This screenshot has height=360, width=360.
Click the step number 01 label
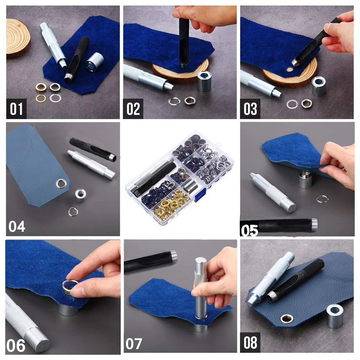click(x=16, y=109)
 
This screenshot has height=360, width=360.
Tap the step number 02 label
click(x=133, y=109)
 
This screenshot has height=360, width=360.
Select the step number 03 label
click(x=250, y=109)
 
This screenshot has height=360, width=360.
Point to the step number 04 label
click(x=17, y=227)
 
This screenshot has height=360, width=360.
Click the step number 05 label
click(x=250, y=230)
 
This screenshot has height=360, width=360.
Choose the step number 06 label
click(x=16, y=346)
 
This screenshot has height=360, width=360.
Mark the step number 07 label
click(x=134, y=344)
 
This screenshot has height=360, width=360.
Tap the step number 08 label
click(x=250, y=343)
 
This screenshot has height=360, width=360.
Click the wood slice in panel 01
click(x=18, y=39)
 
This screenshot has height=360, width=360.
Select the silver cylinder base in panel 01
click(x=94, y=62)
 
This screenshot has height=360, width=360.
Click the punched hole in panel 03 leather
click(x=290, y=69)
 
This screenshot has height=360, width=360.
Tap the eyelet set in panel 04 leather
click(x=61, y=183)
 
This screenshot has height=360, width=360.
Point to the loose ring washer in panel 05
click(x=322, y=199)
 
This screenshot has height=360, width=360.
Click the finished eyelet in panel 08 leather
click(x=287, y=319)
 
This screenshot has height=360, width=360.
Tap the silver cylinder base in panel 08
click(x=335, y=316)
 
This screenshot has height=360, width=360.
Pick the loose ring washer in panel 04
click(x=73, y=212)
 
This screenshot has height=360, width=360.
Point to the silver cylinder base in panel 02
click(x=204, y=81)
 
